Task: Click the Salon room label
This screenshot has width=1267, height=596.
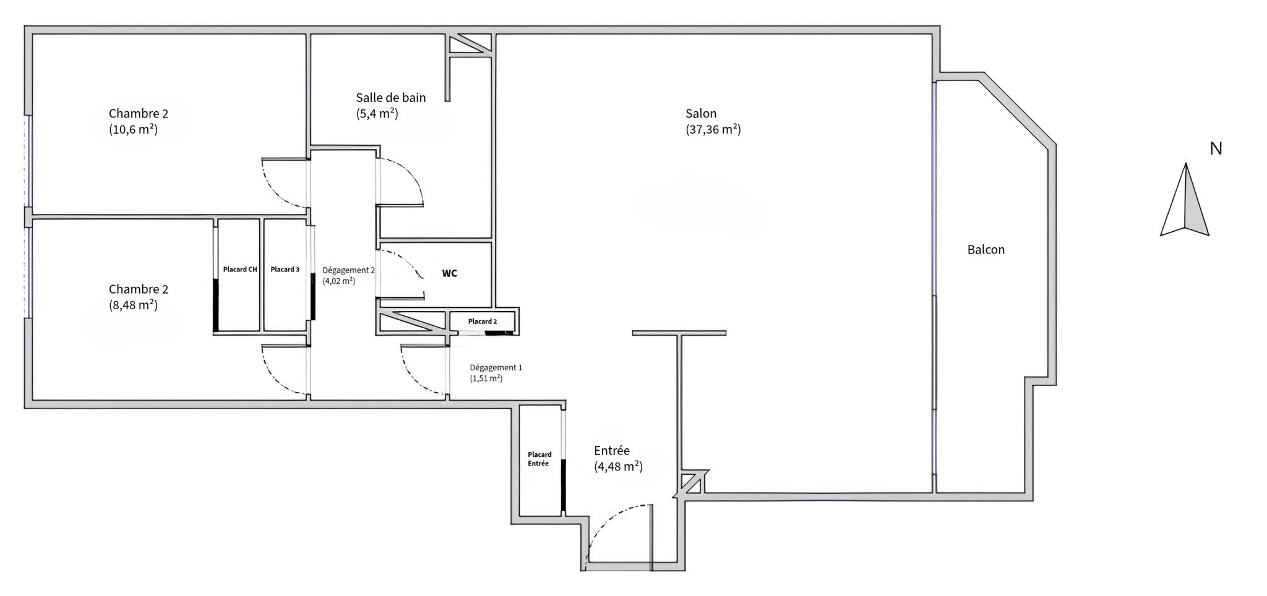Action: tap(701, 114)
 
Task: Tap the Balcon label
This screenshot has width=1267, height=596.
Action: tap(986, 250)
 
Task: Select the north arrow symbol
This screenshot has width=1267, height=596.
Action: tap(1185, 199)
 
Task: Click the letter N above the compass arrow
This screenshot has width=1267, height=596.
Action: tap(1216, 148)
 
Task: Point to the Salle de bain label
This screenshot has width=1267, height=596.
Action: tap(391, 98)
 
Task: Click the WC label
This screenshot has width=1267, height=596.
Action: tap(450, 273)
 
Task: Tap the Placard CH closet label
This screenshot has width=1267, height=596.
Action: tap(240, 270)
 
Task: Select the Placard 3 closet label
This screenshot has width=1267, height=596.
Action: tap(285, 270)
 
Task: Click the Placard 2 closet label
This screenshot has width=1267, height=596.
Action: tap(483, 321)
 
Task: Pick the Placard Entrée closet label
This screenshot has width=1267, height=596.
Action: tap(539, 459)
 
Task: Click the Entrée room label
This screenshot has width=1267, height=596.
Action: tap(612, 451)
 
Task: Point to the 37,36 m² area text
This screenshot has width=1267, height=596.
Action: tap(713, 129)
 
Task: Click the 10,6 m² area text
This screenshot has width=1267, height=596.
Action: tap(133, 129)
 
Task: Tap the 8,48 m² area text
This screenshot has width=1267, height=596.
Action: tap(133, 305)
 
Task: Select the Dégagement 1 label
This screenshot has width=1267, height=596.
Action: tap(496, 367)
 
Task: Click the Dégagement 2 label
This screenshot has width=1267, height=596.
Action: tap(349, 270)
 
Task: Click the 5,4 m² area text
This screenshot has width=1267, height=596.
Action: tap(377, 114)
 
